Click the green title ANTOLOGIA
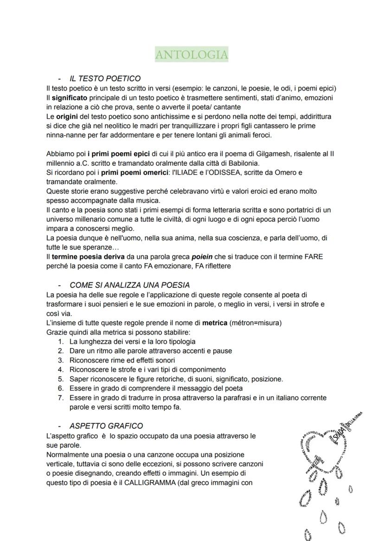[x=192, y=55]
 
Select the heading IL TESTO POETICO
[x=105, y=79]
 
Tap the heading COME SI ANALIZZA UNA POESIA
[x=129, y=285]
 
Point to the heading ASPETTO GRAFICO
[x=106, y=426]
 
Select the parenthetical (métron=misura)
[x=255, y=323]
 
